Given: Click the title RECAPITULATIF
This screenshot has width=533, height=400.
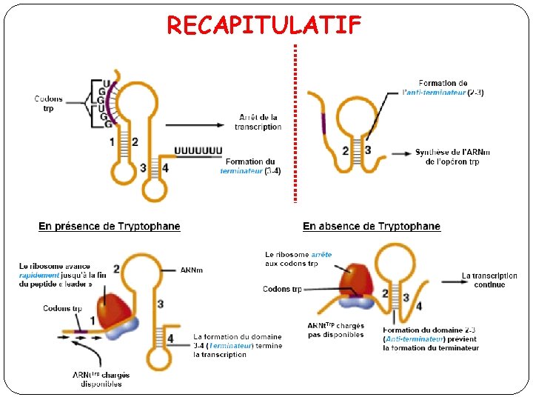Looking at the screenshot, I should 264,25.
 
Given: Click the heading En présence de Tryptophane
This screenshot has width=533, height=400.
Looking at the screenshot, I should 110,226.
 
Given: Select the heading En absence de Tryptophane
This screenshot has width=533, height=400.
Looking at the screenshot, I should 372,226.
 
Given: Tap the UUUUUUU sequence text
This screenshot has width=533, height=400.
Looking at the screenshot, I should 198,150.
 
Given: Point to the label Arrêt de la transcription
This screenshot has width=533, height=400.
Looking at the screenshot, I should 258,122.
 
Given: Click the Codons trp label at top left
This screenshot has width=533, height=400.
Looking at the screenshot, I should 49,104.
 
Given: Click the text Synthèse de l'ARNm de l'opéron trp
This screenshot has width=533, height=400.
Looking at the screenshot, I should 452,157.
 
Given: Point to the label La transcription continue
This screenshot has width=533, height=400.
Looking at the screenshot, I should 489,280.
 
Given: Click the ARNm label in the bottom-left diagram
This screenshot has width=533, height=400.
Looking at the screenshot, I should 191,270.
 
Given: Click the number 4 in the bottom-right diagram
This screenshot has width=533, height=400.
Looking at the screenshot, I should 420,306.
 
